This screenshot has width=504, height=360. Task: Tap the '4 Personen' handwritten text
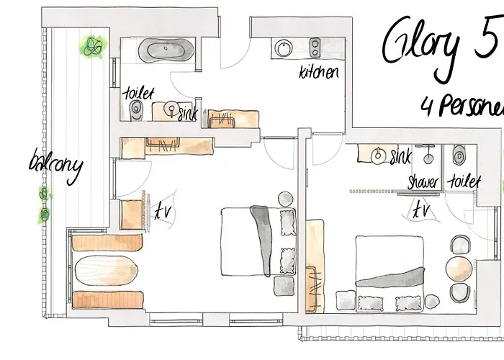click(x=461, y=106)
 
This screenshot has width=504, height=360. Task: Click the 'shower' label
click(x=423, y=181)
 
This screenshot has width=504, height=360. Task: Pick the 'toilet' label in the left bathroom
click(x=139, y=93)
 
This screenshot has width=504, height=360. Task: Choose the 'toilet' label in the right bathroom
click(x=464, y=181)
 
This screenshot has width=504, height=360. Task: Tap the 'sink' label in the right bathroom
click(x=400, y=156)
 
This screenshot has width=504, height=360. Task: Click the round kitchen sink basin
click(x=281, y=48)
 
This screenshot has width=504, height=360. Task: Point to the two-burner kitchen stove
click(x=315, y=48)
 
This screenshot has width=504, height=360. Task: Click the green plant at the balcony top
click(x=92, y=48)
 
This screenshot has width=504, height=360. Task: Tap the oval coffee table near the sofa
click(x=105, y=271)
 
